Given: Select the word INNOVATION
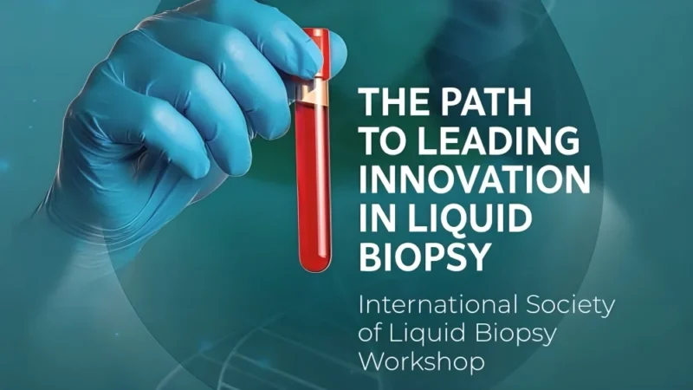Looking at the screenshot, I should point(475,179).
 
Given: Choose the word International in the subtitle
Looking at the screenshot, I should point(435,306).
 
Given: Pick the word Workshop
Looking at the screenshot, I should point(421,361).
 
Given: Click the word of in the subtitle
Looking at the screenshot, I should point(369,334).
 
